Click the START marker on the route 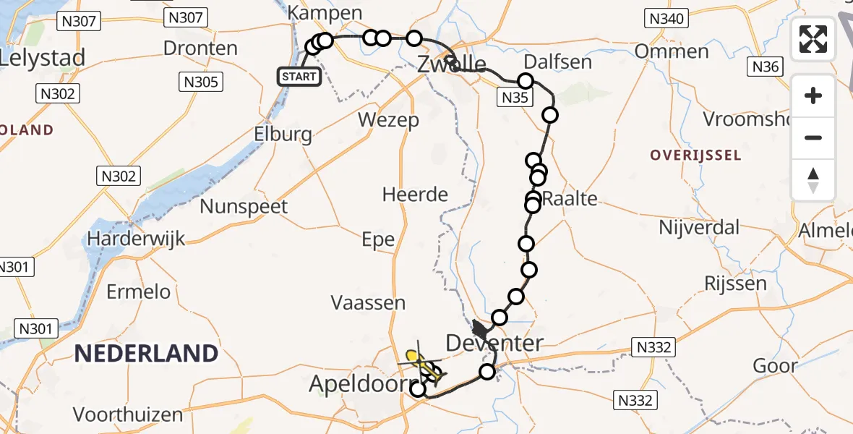[x=299, y=76]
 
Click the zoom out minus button [x=813, y=138]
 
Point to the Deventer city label [x=494, y=343]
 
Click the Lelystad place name [x=43, y=57]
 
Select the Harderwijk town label [x=137, y=238]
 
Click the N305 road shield [x=201, y=82]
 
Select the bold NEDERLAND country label [x=147, y=354]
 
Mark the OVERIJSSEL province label [x=695, y=155]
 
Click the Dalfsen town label [x=557, y=61]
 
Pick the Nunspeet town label [x=244, y=206]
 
